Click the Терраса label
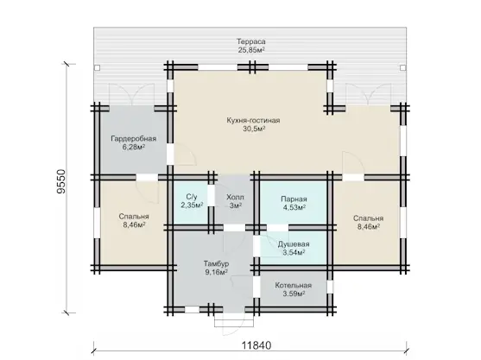click(x=251, y=41)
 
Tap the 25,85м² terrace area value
click(x=251, y=50)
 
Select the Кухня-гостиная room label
click(x=253, y=120)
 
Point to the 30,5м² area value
click(x=254, y=129)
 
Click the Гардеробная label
click(x=134, y=139)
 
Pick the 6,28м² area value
click(x=134, y=147)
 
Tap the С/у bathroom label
click(x=192, y=197)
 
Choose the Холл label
click(x=235, y=197)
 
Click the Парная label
click(x=294, y=199)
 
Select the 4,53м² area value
click(x=294, y=207)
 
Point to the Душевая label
click(x=294, y=244)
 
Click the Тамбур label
click(x=216, y=263)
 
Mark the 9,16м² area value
click(x=216, y=272)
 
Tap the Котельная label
click(x=294, y=286)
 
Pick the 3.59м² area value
click(x=294, y=294)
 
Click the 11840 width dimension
click(x=256, y=345)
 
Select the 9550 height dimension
click(x=61, y=181)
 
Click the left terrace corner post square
click(x=98, y=67)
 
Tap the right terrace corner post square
click(x=402, y=67)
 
